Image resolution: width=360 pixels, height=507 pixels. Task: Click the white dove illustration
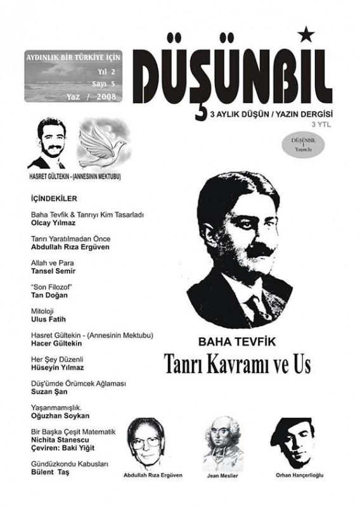tap(102, 143)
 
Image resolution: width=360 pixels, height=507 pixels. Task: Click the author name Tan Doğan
tap(51, 295)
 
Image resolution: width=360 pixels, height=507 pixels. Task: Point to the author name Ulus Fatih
tap(48, 319)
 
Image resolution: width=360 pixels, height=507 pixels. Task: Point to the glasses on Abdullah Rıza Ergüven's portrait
tap(145, 442)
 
